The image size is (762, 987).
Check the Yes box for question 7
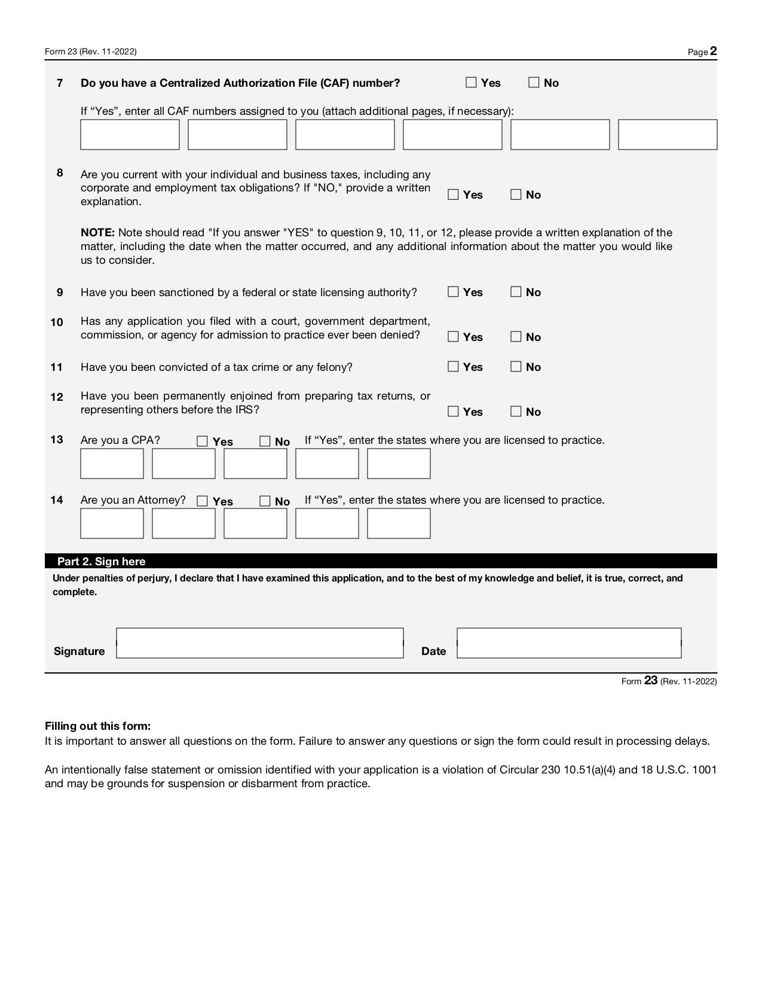coord(472,83)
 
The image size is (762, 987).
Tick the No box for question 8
coord(516,194)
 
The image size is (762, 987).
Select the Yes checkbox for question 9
coord(453,292)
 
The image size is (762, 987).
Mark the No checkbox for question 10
coord(516,337)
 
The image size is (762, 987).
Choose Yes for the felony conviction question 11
coord(453,367)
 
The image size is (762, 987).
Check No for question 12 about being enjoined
coord(516,412)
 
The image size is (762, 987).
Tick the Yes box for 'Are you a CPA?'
coord(202,441)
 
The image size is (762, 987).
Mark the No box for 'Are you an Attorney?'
coord(265,501)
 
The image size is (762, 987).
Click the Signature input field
coord(259,643)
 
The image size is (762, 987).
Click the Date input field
coord(568,643)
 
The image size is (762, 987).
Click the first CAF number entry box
coord(130,135)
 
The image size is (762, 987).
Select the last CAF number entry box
coord(667,135)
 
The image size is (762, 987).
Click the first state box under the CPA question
coord(112,464)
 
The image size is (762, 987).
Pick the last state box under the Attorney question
coord(399,523)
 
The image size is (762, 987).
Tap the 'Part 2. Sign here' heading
coord(101,561)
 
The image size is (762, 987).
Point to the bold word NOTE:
coord(97,233)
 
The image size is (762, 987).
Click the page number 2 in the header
coord(714,51)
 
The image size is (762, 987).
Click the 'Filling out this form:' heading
coord(97,726)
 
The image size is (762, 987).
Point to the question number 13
coord(57,440)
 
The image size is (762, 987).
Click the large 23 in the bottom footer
coord(651,681)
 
